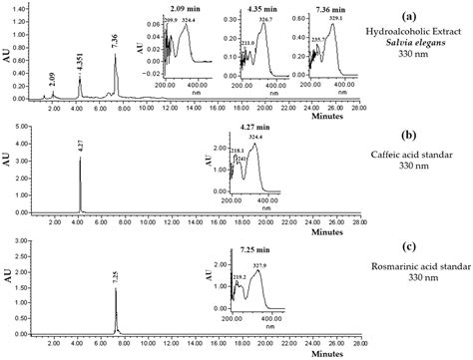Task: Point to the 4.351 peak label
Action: point(80,70)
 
